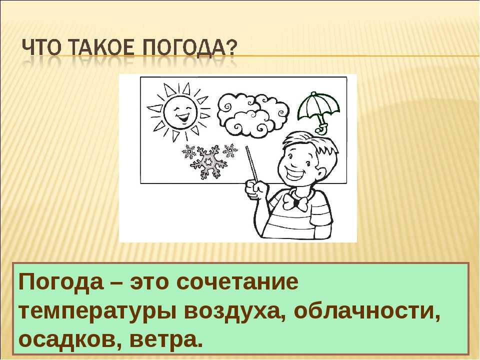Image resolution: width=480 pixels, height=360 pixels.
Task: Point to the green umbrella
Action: point(318,109)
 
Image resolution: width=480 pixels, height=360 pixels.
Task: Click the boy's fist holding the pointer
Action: point(256,189)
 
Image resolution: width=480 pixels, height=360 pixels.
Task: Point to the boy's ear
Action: point(320,175)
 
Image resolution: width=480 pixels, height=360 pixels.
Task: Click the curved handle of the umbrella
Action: point(321,128)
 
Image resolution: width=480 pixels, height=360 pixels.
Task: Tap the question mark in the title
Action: point(231,48)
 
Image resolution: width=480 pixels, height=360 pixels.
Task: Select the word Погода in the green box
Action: point(61,281)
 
